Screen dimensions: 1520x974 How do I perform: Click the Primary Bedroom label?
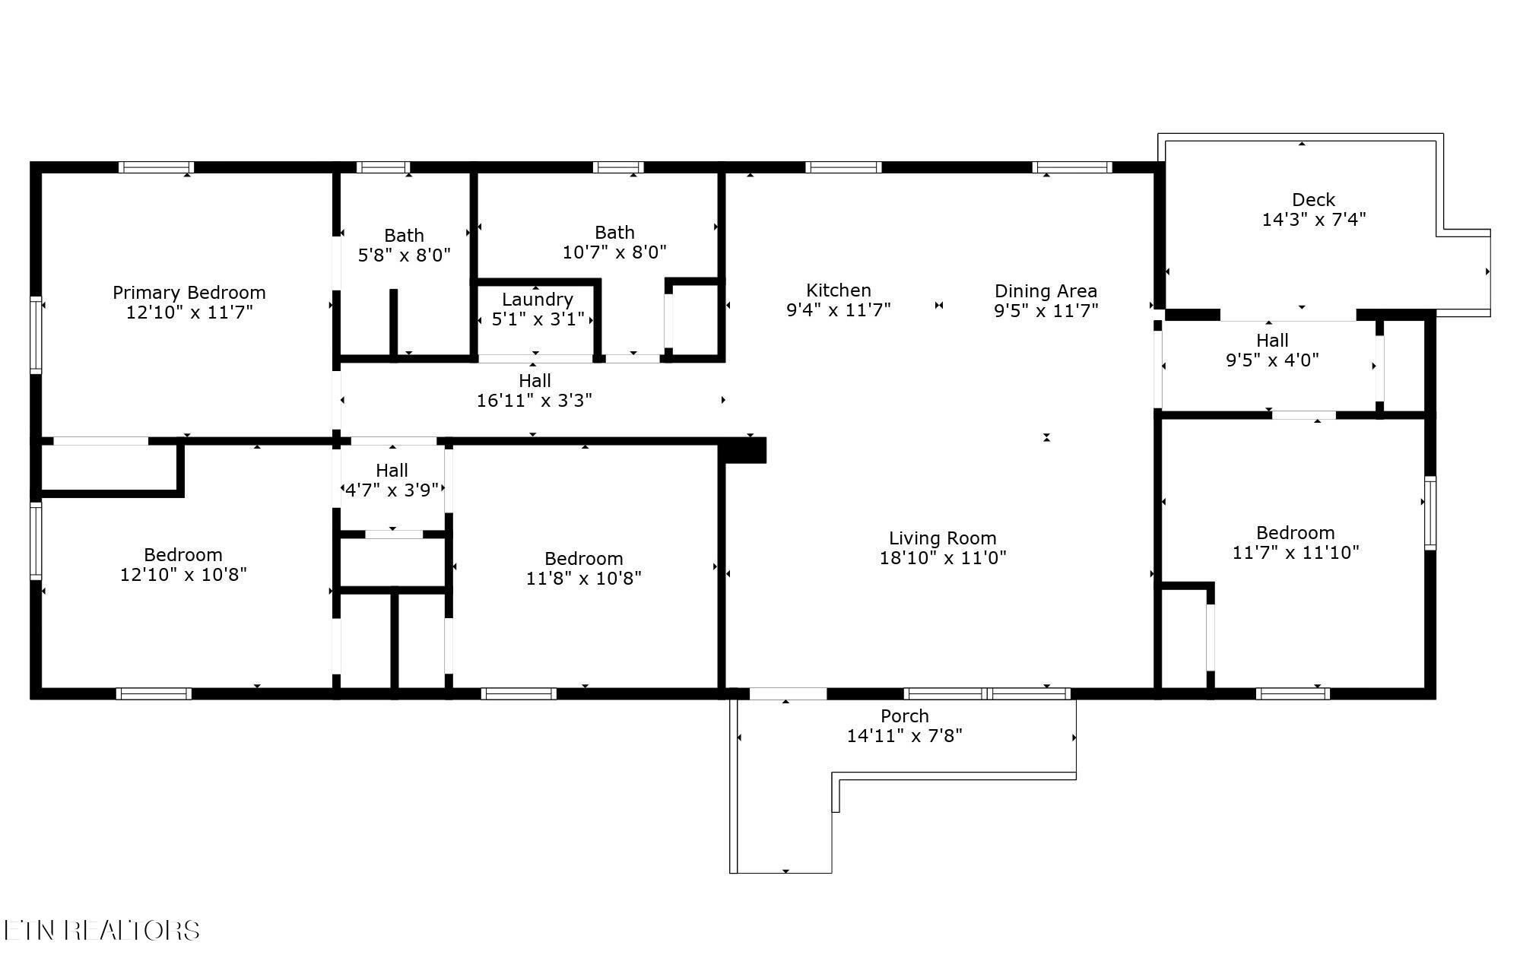pyautogui.click(x=189, y=293)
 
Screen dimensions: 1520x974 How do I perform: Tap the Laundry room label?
pyautogui.click(x=537, y=300)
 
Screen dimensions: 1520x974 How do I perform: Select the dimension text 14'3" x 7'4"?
pyautogui.click(x=1314, y=220)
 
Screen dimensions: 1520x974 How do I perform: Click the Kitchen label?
pyautogui.click(x=839, y=290)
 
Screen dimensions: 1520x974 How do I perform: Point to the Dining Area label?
pyautogui.click(x=1046, y=291)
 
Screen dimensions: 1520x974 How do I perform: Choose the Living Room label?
pyautogui.click(x=943, y=539)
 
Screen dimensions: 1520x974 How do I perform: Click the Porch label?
pyautogui.click(x=905, y=716)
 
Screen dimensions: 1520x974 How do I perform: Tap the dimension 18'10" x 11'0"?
pyautogui.click(x=943, y=558)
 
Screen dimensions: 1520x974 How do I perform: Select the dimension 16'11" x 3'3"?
pyautogui.click(x=535, y=401)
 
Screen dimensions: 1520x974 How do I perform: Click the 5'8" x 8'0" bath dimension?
pyautogui.click(x=405, y=255)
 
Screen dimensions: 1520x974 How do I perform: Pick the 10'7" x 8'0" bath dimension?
pyautogui.click(x=614, y=252)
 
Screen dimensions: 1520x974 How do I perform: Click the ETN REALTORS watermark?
pyautogui.click(x=102, y=930)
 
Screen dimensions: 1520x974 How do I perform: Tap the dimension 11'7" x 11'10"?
pyautogui.click(x=1296, y=553)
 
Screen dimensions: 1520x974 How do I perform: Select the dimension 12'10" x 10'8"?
pyautogui.click(x=183, y=575)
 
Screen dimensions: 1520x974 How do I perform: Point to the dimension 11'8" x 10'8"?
pyautogui.click(x=584, y=579)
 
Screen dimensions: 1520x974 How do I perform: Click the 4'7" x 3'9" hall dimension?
pyautogui.click(x=392, y=490)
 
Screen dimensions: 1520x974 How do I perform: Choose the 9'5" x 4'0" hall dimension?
pyautogui.click(x=1272, y=360)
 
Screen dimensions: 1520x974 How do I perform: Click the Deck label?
pyautogui.click(x=1314, y=200)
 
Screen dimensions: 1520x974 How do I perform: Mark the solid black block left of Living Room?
pyautogui.click(x=743, y=450)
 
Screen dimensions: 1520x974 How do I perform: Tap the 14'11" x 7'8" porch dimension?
pyautogui.click(x=905, y=736)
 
